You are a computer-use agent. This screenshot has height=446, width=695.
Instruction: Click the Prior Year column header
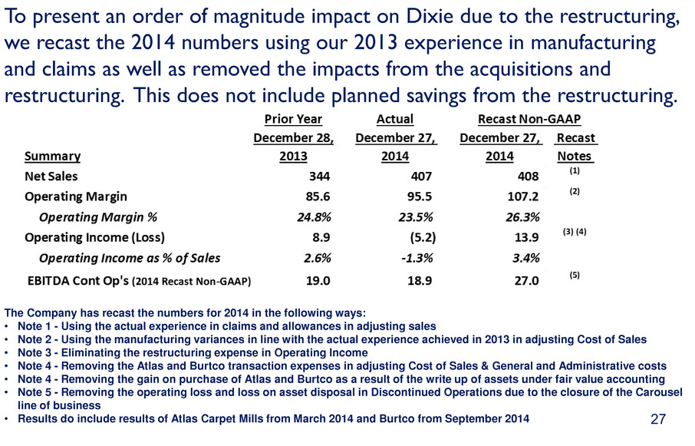(x=293, y=119)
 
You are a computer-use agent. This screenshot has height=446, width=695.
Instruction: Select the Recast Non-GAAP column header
(x=528, y=119)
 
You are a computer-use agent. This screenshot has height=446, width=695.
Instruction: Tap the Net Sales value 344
(x=296, y=176)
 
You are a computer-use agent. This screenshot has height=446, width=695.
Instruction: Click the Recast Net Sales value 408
(x=527, y=176)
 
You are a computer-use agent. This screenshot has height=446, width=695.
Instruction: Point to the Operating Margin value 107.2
(x=522, y=196)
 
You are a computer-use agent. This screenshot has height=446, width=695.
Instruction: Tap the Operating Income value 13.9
(x=526, y=236)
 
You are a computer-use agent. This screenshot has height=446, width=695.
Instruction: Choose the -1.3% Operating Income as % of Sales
(x=398, y=256)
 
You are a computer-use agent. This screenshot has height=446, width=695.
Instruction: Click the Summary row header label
(x=52, y=156)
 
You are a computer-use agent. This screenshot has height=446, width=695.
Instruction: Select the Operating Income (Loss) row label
(x=94, y=236)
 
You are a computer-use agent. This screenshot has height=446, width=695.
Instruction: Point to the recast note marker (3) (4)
(x=574, y=231)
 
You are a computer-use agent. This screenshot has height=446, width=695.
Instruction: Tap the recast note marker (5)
(x=574, y=275)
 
